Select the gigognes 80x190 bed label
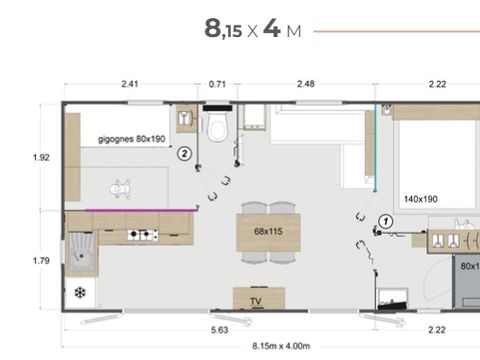[131, 139]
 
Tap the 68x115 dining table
[268, 232]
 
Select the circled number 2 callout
[184, 154]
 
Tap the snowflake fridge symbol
[79, 293]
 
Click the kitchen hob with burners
[142, 236]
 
